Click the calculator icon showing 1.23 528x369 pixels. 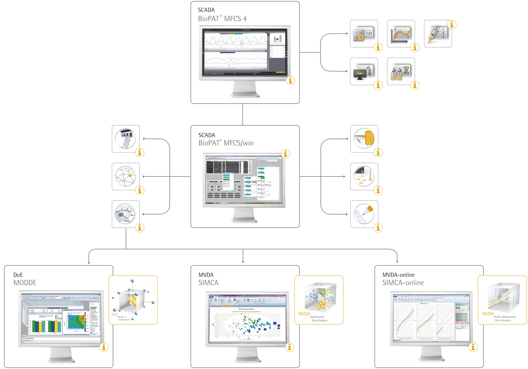click(364, 34)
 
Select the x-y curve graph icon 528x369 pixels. click(401, 34)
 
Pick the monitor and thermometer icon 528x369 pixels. click(364, 72)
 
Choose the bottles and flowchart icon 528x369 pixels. click(401, 72)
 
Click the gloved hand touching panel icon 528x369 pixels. click(126, 139)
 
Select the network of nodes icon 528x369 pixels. click(126, 176)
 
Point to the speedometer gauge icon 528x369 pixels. click(126, 214)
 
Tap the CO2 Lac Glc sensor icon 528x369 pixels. click(364, 176)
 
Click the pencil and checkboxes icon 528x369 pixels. click(364, 214)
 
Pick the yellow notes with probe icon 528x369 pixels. click(364, 139)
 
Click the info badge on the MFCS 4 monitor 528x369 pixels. click(290, 80)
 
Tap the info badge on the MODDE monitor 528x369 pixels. click(104, 347)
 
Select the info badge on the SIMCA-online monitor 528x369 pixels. click(473, 347)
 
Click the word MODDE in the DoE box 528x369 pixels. click(25, 283)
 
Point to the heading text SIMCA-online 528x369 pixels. click(403, 283)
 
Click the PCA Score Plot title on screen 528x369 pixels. click(246, 309)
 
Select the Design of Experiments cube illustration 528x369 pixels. click(133, 300)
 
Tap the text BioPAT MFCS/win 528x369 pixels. click(226, 143)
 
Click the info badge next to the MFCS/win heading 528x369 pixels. click(285, 154)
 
